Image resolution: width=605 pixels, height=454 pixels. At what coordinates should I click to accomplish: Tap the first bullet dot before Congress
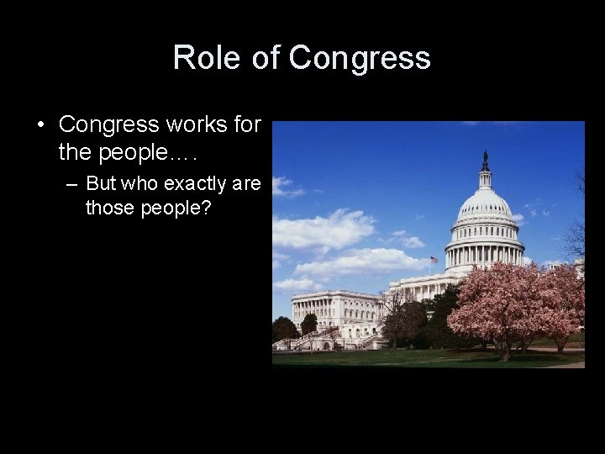pos(40,125)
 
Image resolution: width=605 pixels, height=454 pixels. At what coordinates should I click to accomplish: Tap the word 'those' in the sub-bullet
pos(108,207)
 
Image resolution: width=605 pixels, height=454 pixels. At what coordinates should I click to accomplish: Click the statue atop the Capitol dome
pos(485,158)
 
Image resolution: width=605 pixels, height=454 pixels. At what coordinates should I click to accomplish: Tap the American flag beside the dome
pos(434,261)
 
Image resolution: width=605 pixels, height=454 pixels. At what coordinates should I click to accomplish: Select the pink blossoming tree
pos(513,303)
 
